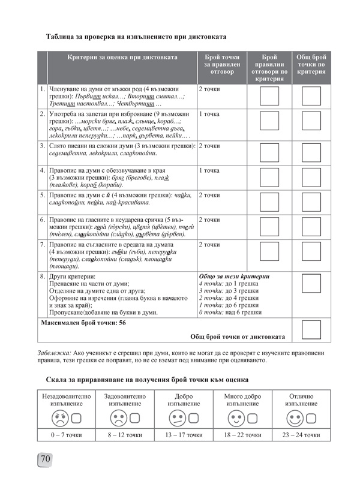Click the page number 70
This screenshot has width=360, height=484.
(x=46, y=459)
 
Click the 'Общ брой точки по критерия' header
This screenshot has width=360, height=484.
(x=311, y=64)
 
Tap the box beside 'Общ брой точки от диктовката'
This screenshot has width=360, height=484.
(x=311, y=330)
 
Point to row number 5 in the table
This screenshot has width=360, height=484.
(x=43, y=195)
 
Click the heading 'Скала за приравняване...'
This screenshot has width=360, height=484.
(x=147, y=380)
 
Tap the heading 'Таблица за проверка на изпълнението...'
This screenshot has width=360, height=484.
(x=136, y=37)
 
